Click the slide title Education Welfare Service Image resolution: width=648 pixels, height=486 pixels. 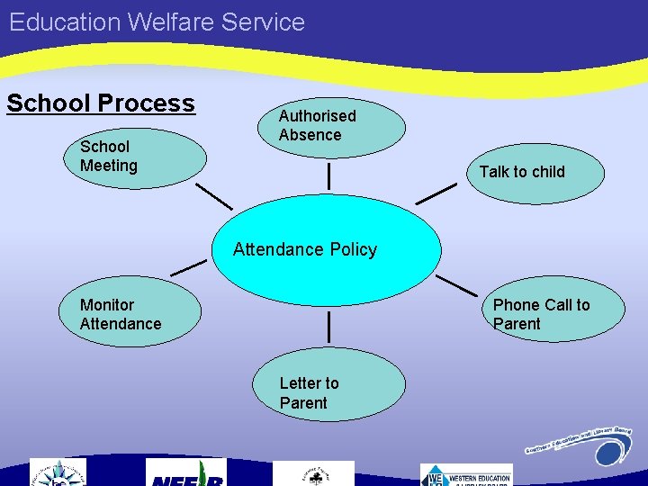[x=157, y=22]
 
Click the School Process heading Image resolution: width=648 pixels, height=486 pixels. [x=101, y=103]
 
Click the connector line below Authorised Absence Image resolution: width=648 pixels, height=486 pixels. [x=329, y=175]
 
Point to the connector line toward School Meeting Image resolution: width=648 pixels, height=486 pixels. [x=214, y=195]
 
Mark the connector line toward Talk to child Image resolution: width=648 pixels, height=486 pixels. [x=436, y=193]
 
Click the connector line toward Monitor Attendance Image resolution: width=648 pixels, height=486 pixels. [x=189, y=267]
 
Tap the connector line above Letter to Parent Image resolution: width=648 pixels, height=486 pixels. [x=329, y=327]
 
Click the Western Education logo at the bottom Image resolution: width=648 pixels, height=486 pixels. [x=466, y=474]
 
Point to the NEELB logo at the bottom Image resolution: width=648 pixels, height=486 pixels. [x=185, y=473]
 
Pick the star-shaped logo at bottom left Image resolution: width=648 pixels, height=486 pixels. [x=58, y=473]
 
